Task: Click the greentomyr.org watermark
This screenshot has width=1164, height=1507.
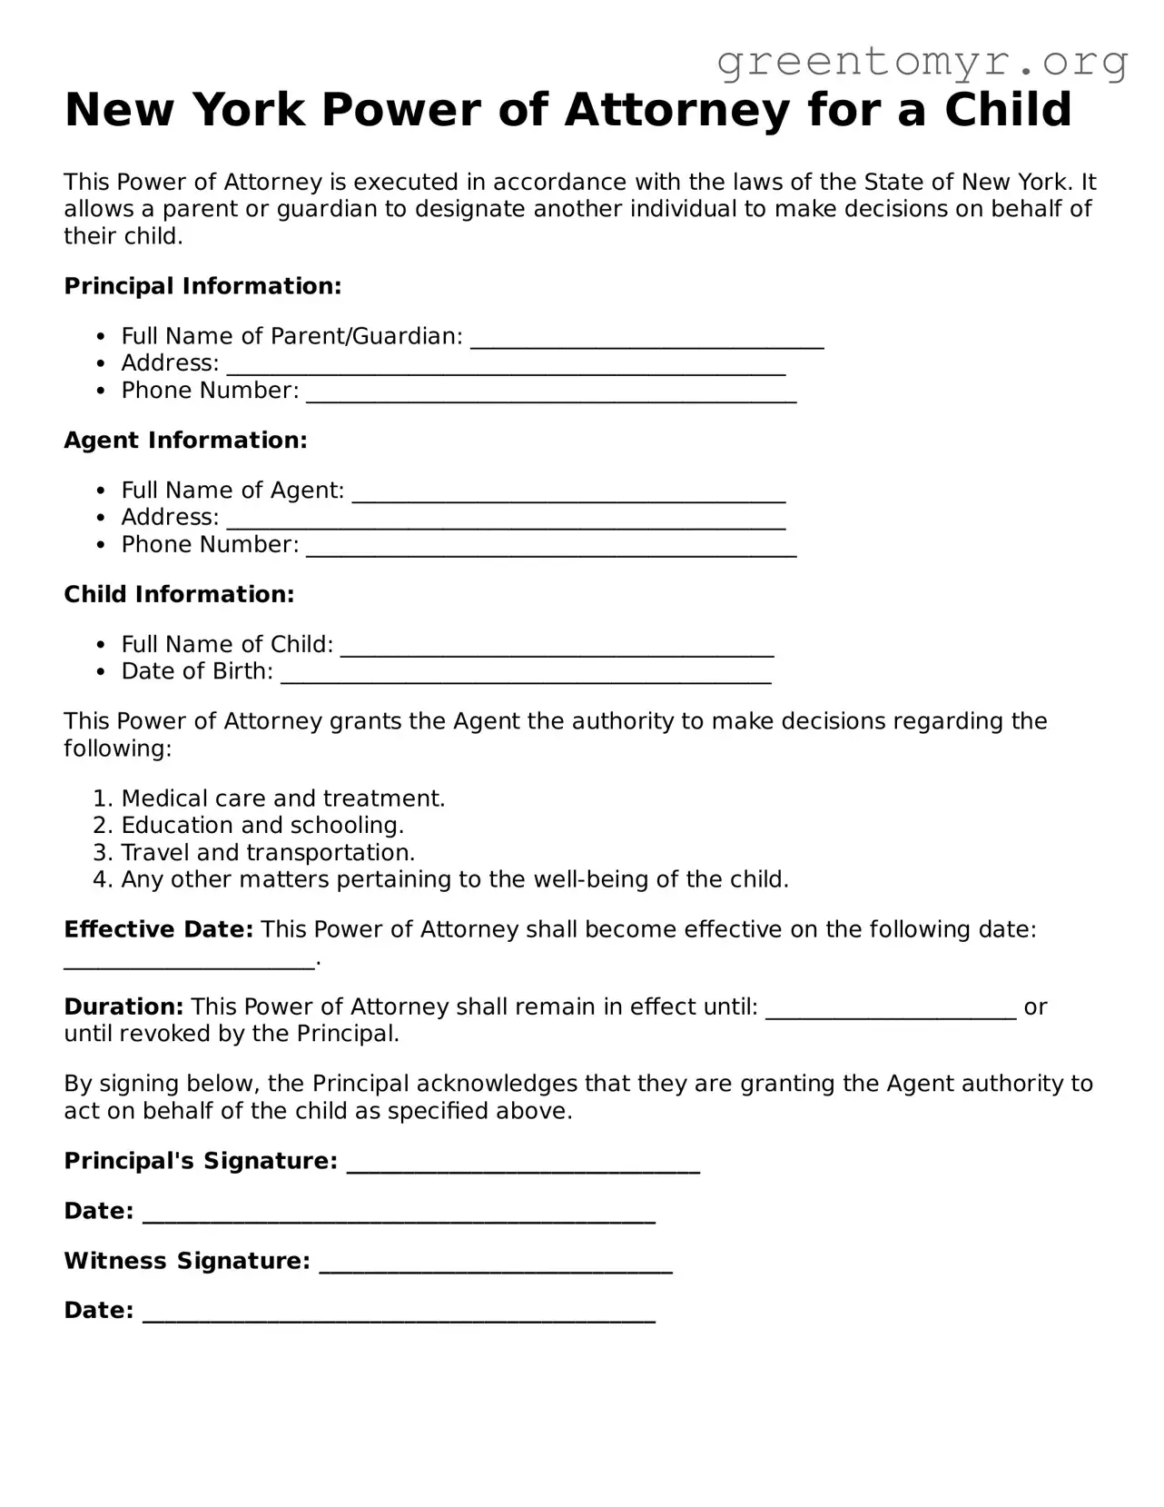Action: click(922, 62)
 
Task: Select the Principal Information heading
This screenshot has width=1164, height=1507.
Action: click(202, 286)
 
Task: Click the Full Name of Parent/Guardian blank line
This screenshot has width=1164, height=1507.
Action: click(646, 341)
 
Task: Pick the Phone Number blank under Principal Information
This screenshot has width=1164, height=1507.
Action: click(551, 395)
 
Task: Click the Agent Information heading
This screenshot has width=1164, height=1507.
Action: click(185, 441)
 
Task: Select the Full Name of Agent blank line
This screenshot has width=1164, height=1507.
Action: click(568, 495)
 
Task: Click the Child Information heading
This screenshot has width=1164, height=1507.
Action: click(179, 595)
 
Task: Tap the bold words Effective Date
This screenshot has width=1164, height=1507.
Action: click(158, 930)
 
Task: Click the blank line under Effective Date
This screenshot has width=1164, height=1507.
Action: click(189, 963)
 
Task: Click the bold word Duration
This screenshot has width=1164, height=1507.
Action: click(123, 1007)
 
